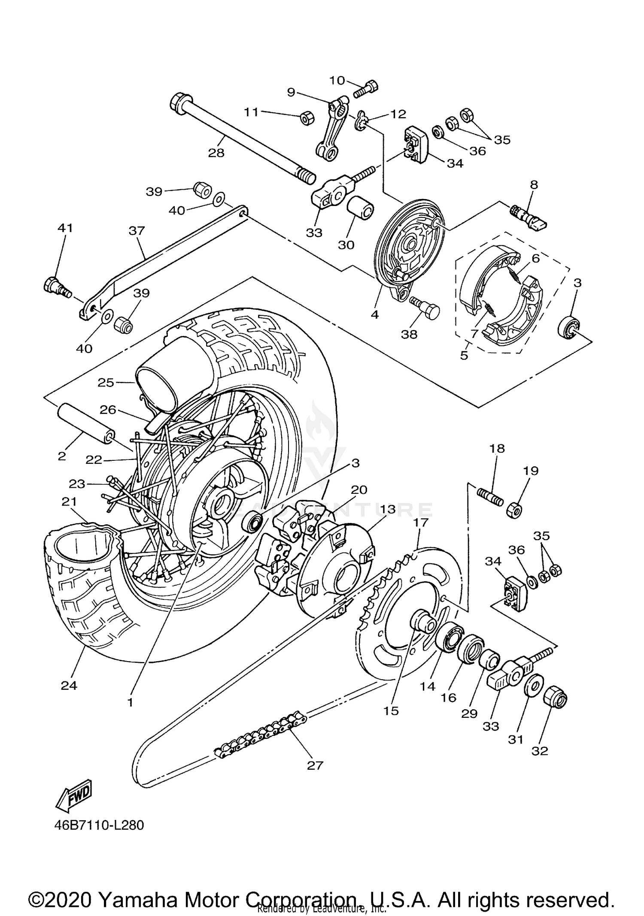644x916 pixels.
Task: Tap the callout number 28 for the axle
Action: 216,153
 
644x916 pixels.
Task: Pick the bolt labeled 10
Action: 366,89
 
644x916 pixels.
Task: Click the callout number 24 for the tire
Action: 69,686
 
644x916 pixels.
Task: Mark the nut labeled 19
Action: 514,510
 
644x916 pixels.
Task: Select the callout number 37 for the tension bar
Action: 137,230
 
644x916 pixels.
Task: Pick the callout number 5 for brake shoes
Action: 464,355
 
